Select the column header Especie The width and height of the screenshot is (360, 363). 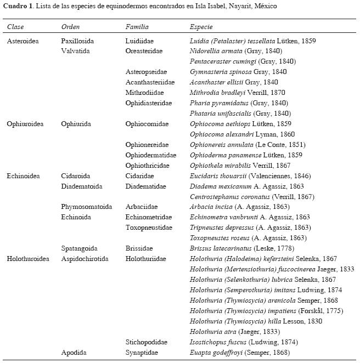(x=201, y=27)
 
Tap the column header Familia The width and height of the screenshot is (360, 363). (x=137, y=27)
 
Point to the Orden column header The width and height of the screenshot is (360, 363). (x=71, y=27)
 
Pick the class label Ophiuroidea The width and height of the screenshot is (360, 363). (x=24, y=124)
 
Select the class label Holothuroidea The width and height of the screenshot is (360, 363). (x=27, y=259)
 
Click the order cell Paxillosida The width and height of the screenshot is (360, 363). (x=77, y=41)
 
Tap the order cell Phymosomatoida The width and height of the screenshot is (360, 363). (x=86, y=207)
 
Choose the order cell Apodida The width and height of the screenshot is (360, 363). (x=74, y=353)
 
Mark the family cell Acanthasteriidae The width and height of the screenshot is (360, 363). (x=150, y=82)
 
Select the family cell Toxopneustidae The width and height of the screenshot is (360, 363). (x=147, y=228)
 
